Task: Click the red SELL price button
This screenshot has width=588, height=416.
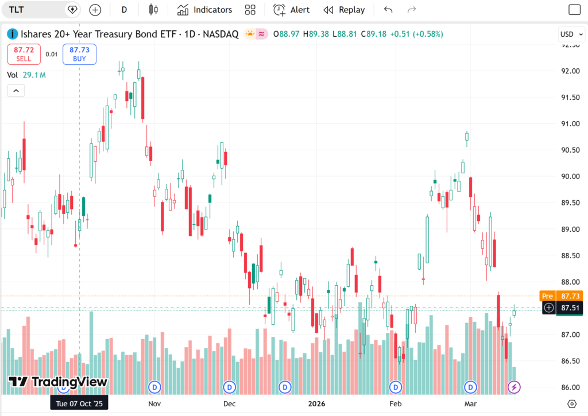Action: point(24,54)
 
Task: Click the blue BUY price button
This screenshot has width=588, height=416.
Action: point(80,54)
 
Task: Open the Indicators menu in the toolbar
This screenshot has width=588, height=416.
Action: point(205,10)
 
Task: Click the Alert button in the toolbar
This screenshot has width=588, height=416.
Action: point(291,10)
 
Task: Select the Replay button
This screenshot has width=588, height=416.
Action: point(344,10)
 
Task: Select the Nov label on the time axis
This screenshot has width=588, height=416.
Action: point(154,403)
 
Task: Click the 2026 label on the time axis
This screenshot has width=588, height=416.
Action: point(316,403)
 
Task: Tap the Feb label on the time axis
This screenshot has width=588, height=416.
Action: point(395,403)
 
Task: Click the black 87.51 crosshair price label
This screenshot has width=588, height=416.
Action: point(568,308)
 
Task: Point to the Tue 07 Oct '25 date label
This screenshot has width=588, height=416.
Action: point(79,403)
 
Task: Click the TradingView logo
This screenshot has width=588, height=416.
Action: point(58,382)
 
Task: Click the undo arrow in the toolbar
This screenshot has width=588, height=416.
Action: point(388,10)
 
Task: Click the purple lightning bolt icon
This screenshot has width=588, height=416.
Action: point(514,387)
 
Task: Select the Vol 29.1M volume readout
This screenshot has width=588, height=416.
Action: point(26,75)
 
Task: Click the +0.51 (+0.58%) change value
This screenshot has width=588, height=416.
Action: point(416,34)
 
